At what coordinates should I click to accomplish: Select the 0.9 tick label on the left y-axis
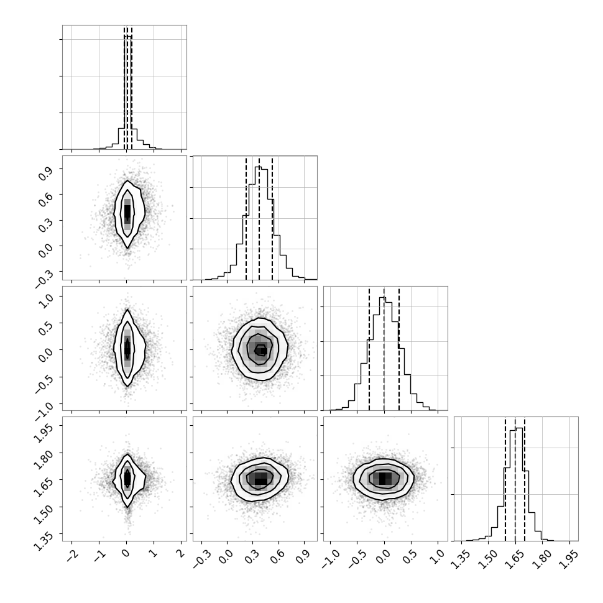(x=45, y=174)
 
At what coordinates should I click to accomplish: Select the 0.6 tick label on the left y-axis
(x=45, y=200)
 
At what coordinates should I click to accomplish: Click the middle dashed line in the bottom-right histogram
(x=515, y=479)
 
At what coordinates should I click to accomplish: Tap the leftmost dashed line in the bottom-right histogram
(x=505, y=479)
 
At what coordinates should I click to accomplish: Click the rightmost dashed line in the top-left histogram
(x=132, y=88)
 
